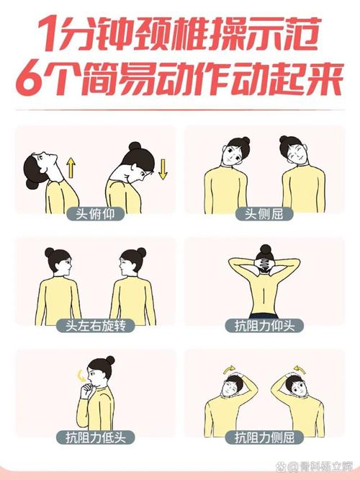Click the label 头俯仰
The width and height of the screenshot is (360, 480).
(95, 213)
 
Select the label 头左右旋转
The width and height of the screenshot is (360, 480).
(95, 326)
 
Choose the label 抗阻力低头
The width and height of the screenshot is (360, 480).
(95, 437)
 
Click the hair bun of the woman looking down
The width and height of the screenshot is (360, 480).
(134, 146)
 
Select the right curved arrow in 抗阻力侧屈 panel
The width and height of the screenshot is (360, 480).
(297, 368)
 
